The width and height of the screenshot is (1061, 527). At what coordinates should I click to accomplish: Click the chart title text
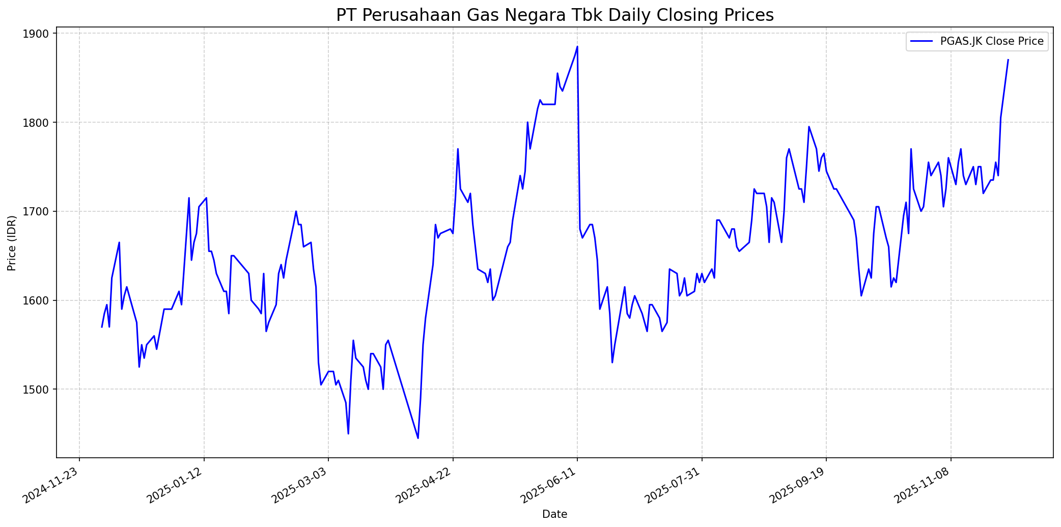[x=554, y=15]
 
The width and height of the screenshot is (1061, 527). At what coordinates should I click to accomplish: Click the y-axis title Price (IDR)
[x=12, y=243]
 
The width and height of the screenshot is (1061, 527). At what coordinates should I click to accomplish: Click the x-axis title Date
[x=554, y=514]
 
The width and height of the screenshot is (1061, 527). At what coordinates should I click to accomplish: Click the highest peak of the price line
[x=577, y=47]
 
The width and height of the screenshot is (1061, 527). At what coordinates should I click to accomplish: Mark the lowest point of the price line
[x=418, y=438]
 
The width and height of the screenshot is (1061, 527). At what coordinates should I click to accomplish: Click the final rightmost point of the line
[x=1008, y=60]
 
